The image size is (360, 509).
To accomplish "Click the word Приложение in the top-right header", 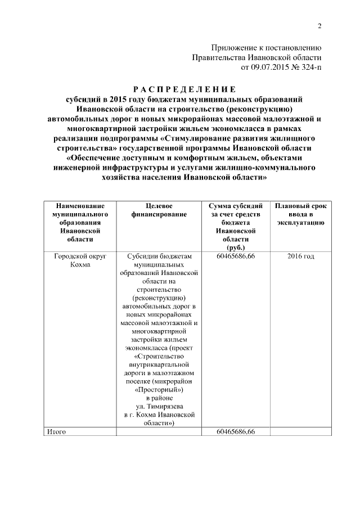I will tap(233, 48).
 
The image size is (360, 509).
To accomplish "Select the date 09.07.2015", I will tap(267, 67).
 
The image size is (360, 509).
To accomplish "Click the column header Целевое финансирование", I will tap(158, 210).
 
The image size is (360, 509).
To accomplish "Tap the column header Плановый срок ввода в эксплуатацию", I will tap(300, 214).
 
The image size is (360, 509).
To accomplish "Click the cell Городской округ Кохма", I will tap(79, 260).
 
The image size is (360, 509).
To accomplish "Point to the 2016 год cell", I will tap(300, 256).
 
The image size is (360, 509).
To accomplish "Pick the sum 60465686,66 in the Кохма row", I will tap(235, 256).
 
